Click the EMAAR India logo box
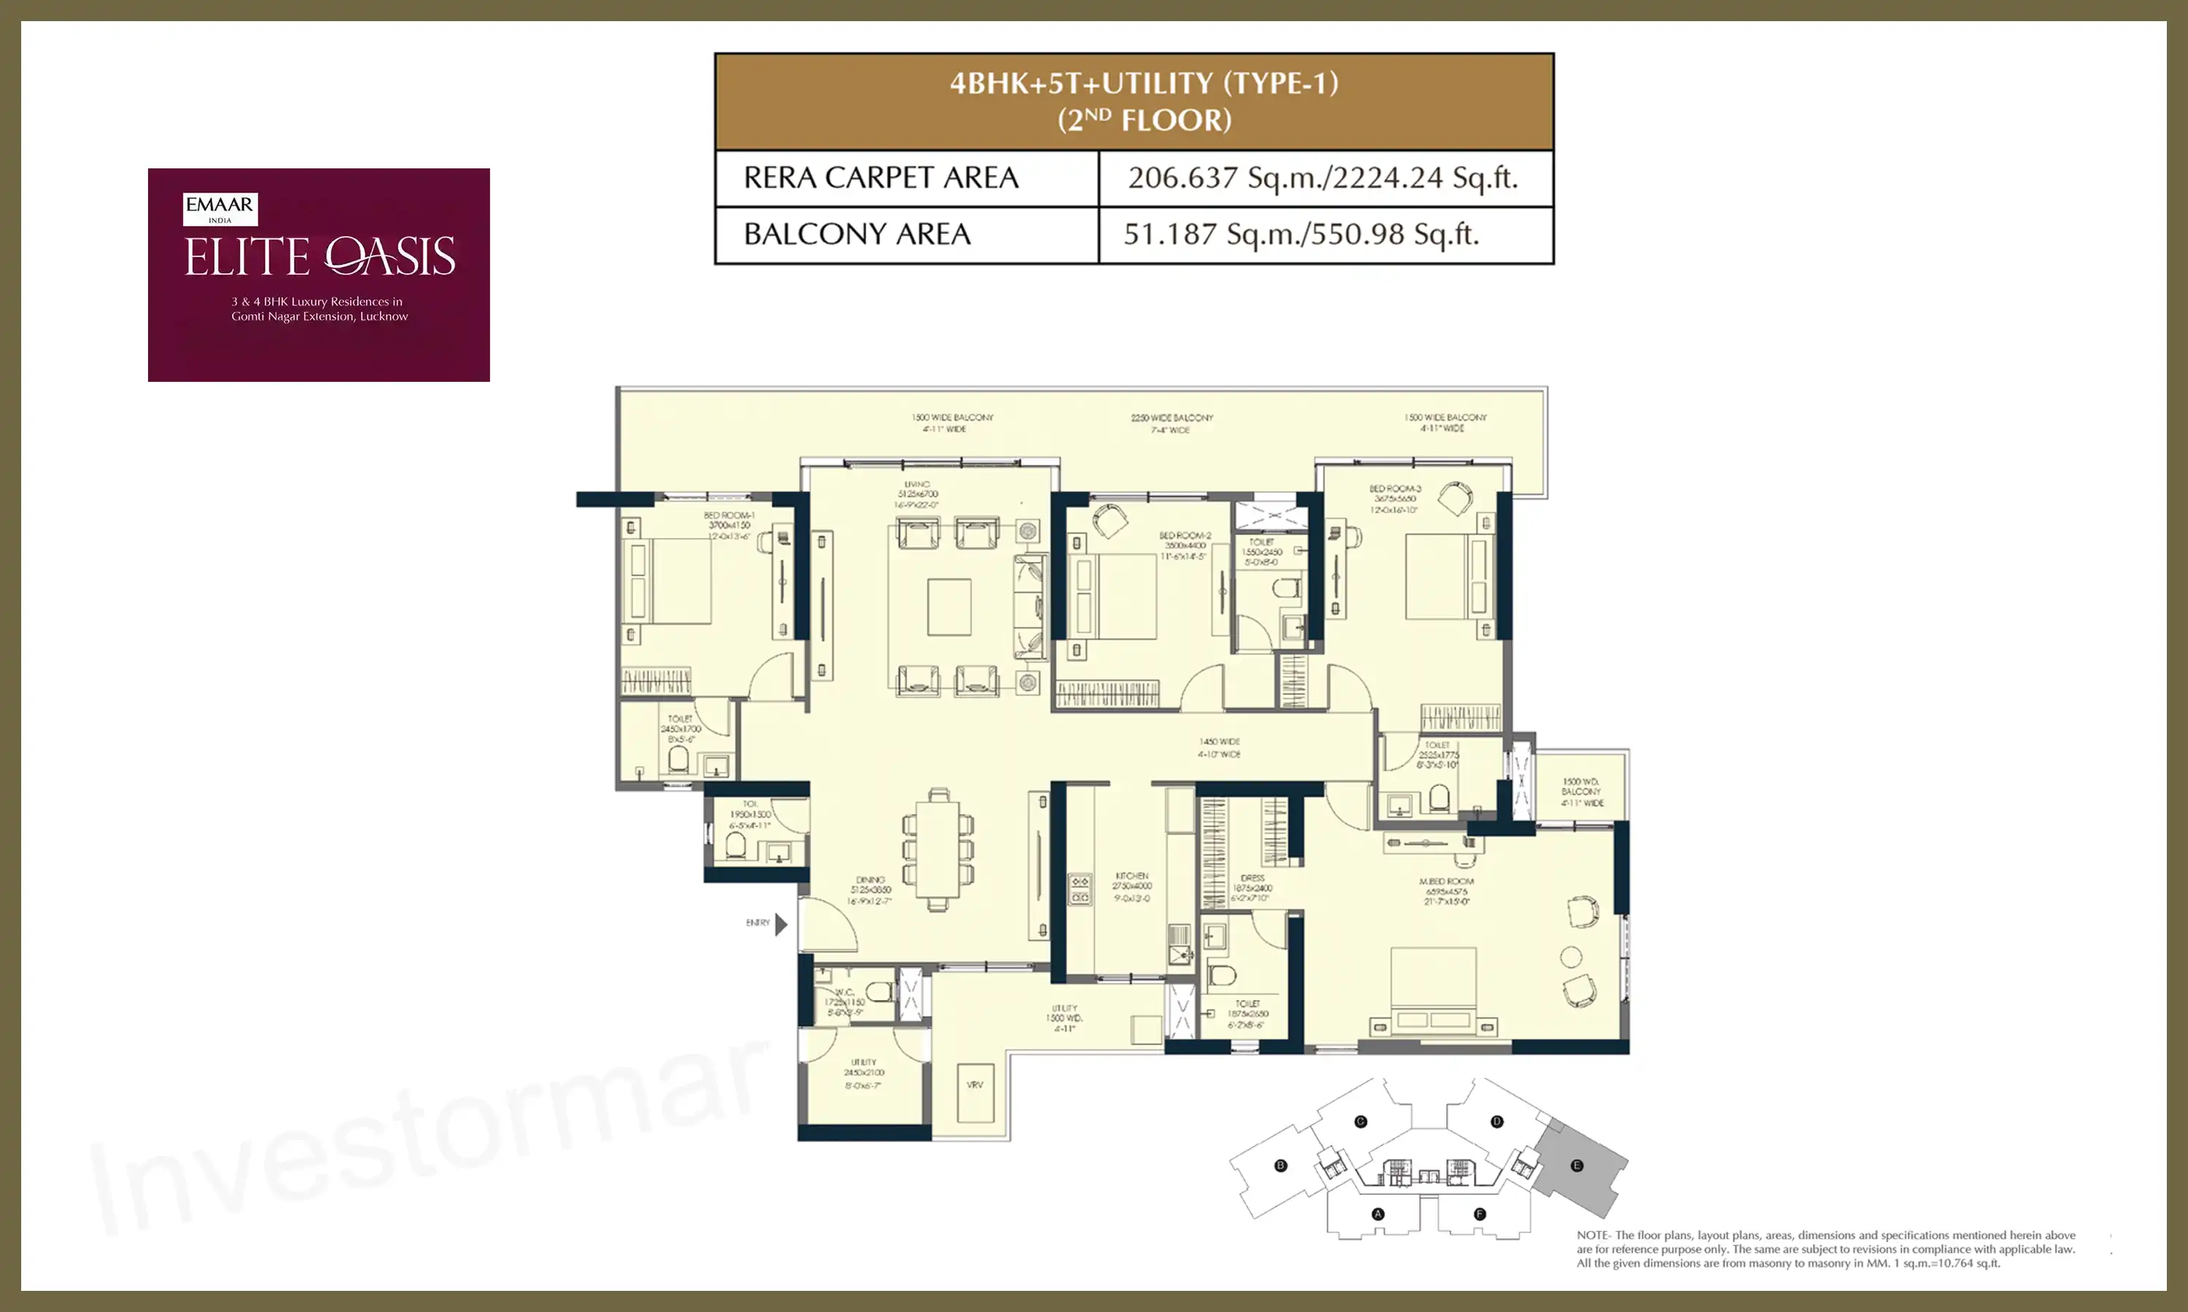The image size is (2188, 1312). click(220, 208)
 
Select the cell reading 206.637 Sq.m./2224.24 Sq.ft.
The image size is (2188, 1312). click(1323, 178)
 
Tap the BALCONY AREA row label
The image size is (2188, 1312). click(857, 234)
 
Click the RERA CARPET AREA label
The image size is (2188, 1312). click(881, 178)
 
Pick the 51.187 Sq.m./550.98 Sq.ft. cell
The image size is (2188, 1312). click(1301, 234)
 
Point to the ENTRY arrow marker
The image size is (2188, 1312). click(780, 924)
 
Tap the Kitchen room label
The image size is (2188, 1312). click(1131, 876)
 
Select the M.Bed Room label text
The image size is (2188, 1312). click(1446, 881)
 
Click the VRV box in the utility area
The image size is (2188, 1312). click(974, 1085)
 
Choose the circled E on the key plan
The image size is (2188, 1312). click(1576, 1165)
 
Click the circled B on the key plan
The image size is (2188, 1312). click(1280, 1165)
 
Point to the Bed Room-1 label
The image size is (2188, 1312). click(729, 515)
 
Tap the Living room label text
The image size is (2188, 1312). click(917, 485)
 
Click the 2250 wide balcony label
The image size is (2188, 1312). click(1172, 418)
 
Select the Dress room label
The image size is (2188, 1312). click(1252, 878)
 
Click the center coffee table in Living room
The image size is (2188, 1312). click(949, 606)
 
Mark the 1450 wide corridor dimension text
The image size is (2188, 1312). click(1219, 742)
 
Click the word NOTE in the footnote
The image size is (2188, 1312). click(1592, 1235)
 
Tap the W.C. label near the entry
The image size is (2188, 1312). click(845, 992)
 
